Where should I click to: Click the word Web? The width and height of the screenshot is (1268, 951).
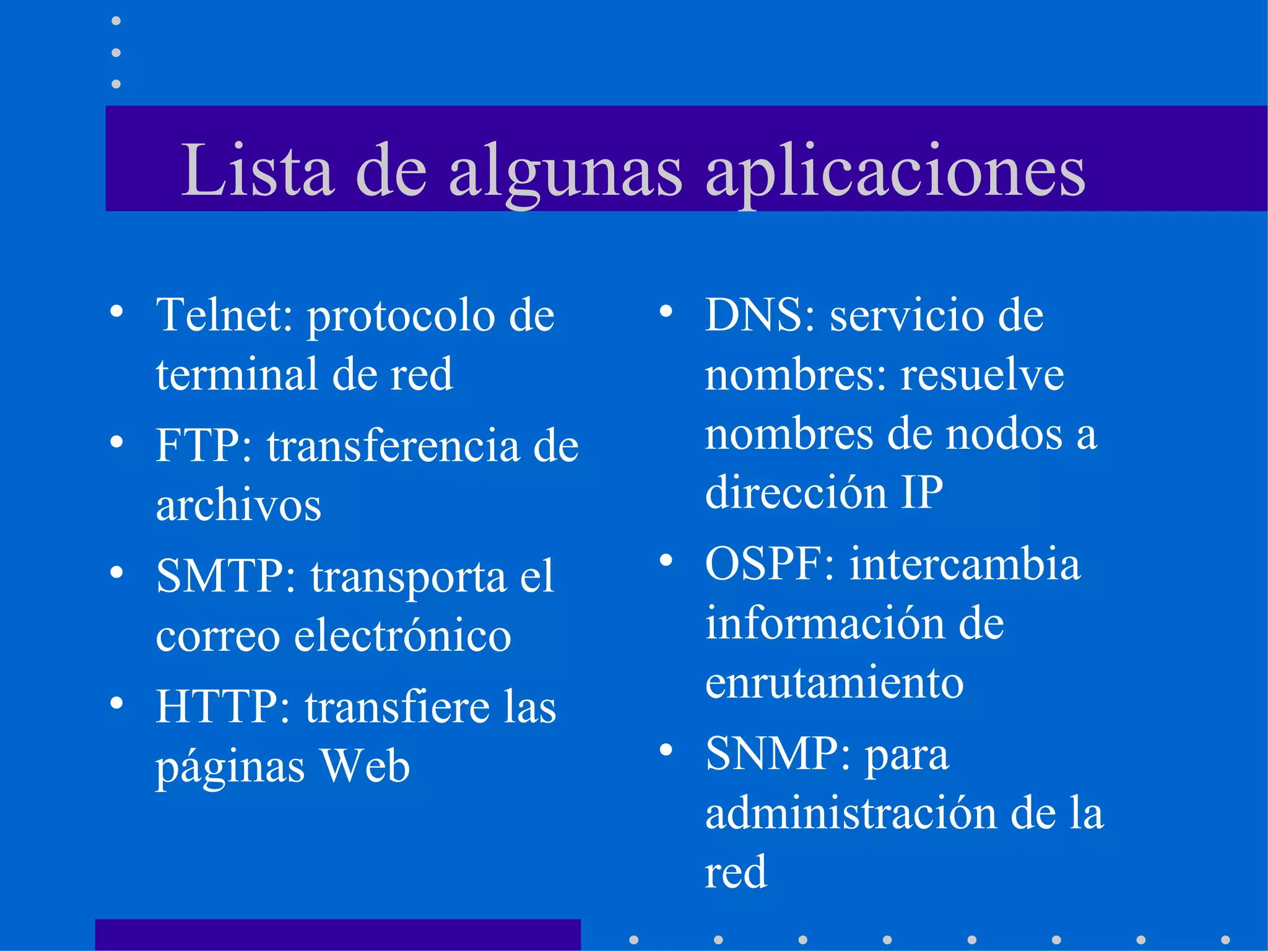365,766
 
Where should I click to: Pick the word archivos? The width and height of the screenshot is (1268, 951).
238,505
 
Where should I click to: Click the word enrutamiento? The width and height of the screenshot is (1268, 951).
834,682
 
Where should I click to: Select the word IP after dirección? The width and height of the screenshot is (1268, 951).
921,492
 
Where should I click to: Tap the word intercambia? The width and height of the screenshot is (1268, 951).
965,564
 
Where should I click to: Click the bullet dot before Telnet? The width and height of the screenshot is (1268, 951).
116,311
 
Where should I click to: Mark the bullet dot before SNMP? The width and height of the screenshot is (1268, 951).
666,750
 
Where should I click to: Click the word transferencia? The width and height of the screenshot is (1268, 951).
393,445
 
